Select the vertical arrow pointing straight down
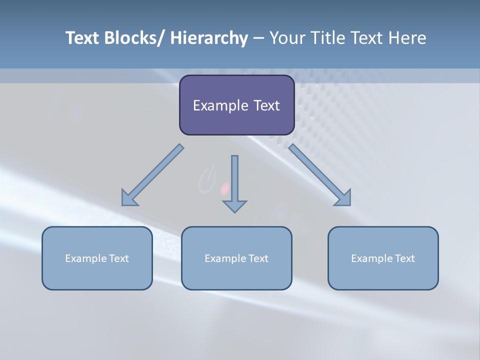[x=234, y=183]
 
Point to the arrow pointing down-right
[x=320, y=176]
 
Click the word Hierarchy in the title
[x=209, y=38]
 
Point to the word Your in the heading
[x=286, y=38]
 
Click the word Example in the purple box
[x=220, y=105]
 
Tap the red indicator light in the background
[x=225, y=188]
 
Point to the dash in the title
[x=258, y=38]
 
